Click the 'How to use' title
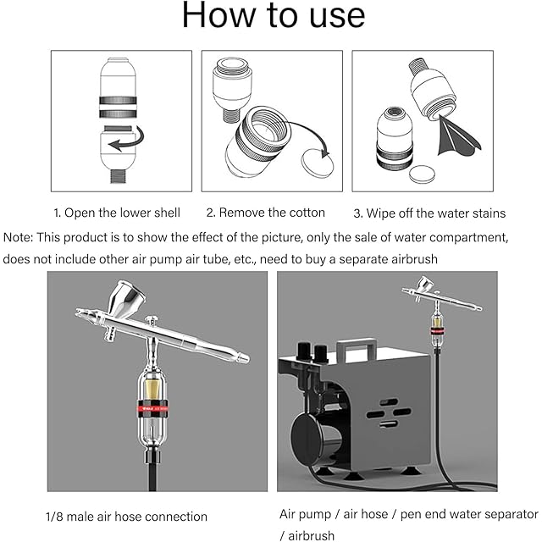[x=273, y=15]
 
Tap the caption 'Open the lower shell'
[x=122, y=213]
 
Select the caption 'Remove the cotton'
[x=272, y=213]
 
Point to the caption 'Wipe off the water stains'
[x=436, y=213]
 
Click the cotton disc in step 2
[x=318, y=163]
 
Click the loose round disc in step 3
[x=422, y=174]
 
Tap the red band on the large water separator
[x=152, y=408]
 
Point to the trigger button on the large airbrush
[x=152, y=320]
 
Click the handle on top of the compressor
[x=357, y=348]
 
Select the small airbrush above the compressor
[x=442, y=295]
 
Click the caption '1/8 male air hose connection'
[x=126, y=517]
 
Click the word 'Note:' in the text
[x=18, y=237]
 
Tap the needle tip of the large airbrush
[x=78, y=311]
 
